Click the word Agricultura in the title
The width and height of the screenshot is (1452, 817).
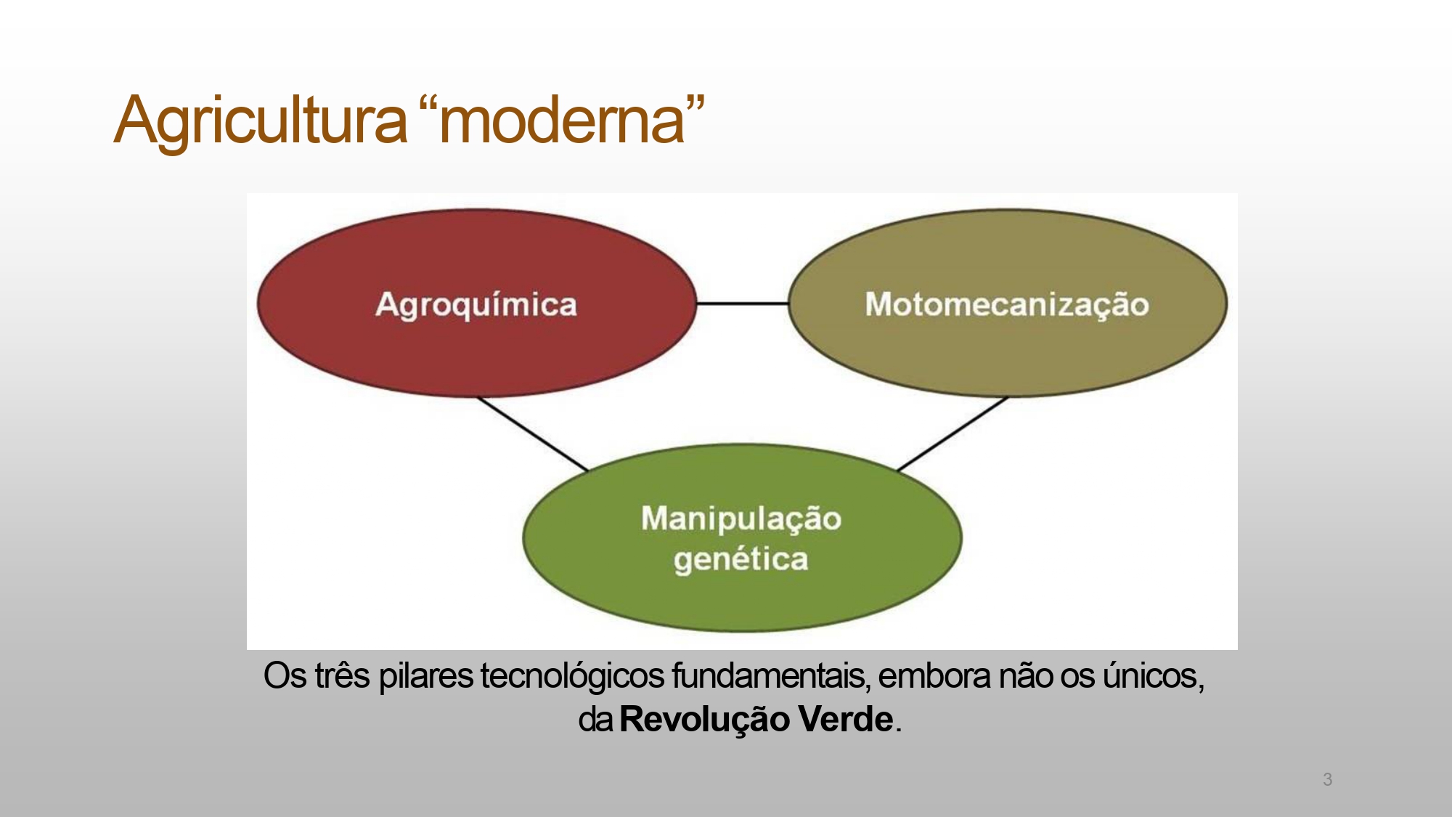261,121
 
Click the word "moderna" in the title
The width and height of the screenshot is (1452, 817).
563,121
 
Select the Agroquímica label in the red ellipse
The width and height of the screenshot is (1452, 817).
476,304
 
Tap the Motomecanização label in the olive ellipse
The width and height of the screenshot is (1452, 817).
1007,304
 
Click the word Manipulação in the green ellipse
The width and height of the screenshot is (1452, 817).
741,519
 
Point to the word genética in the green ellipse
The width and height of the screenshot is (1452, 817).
741,559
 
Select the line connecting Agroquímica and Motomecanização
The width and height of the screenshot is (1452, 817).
742,303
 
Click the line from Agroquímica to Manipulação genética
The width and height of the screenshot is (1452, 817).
532,434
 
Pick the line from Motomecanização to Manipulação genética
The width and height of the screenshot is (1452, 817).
953,434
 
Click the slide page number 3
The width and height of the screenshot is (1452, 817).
1327,779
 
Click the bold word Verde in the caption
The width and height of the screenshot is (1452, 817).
845,720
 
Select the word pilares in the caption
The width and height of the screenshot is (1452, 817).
426,676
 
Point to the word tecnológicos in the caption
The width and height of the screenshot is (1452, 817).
572,676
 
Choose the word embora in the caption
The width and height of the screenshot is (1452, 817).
934,676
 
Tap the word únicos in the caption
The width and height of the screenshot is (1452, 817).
1153,676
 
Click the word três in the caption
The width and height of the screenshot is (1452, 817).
342,676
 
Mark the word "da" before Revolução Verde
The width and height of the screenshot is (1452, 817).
595,720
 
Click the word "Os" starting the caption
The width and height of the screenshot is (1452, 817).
285,676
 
